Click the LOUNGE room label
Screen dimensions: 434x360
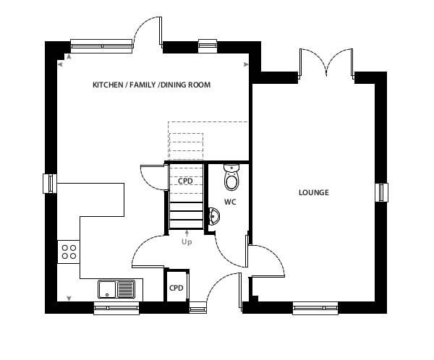tap(314, 192)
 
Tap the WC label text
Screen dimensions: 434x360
tap(230, 202)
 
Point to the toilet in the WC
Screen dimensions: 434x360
tap(231, 177)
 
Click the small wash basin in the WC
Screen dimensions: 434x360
tap(214, 216)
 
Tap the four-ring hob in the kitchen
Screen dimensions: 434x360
tap(69, 252)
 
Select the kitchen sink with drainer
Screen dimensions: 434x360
tap(116, 289)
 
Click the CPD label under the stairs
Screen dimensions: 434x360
tap(185, 181)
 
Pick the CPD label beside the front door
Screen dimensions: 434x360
tap(176, 288)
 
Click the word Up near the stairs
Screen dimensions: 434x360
tap(187, 242)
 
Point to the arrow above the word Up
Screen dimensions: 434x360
tap(187, 233)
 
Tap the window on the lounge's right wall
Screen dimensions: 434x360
tap(382, 192)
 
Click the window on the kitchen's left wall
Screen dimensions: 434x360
tap(50, 184)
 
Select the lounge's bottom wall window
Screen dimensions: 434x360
tap(315, 308)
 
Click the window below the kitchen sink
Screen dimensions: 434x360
tap(116, 308)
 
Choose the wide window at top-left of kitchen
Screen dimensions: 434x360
tap(101, 46)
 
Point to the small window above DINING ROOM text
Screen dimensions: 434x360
tap(208, 46)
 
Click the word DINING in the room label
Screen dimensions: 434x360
tap(174, 85)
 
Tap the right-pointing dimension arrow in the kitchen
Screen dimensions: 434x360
tap(246, 64)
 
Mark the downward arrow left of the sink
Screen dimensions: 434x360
tap(69, 299)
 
